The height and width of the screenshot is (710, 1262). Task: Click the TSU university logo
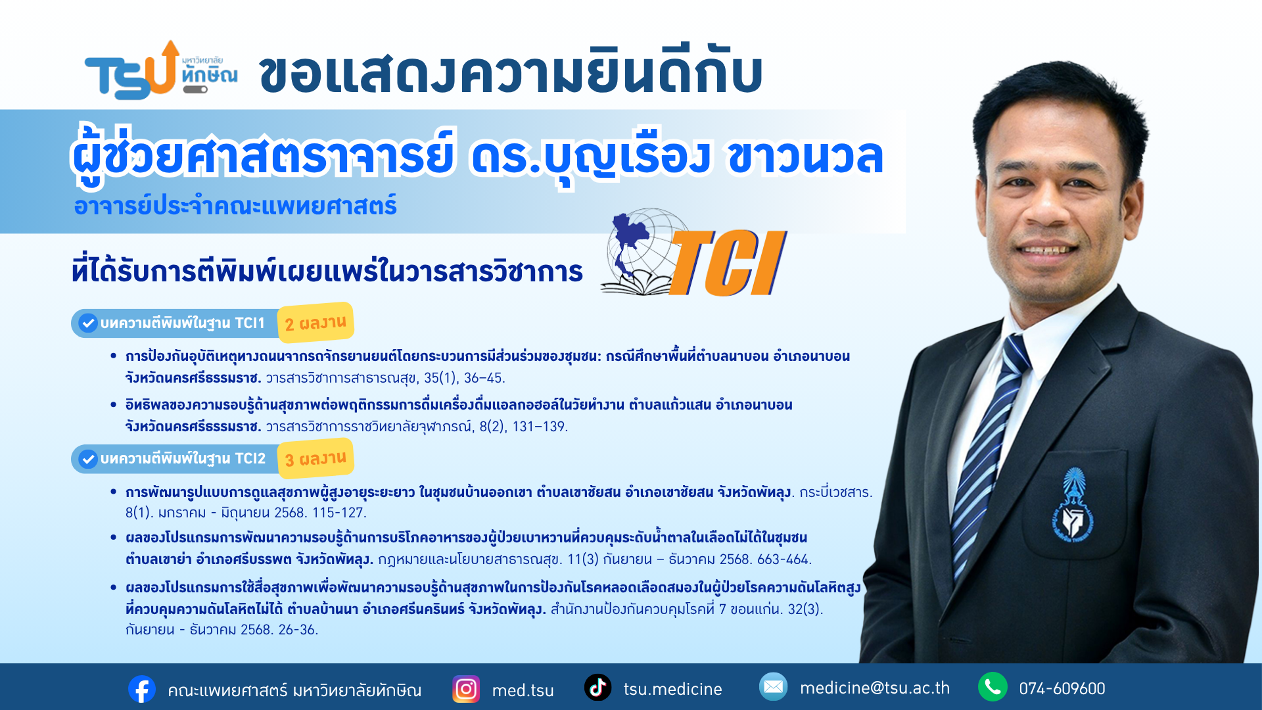pos(161,70)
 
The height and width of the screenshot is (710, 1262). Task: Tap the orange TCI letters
pos(728,263)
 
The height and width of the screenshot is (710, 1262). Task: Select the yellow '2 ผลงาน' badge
pos(315,323)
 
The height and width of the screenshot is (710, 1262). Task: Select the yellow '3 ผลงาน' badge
pos(315,458)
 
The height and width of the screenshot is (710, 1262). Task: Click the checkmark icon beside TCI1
pos(88,323)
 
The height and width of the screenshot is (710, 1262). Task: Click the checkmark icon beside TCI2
pos(88,459)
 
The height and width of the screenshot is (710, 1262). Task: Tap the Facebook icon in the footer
pos(142,689)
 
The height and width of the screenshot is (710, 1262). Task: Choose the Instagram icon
pos(466,689)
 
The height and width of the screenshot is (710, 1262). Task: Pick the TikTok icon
pos(597,688)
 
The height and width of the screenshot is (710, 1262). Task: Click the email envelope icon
pos(773,687)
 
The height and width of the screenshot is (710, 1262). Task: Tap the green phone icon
pos(993,687)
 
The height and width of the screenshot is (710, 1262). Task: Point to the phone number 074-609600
pos(1062,689)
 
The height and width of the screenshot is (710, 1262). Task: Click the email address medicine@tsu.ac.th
pos(875,688)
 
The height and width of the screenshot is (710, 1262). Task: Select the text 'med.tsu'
pos(523,690)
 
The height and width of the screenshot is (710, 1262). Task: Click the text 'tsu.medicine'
pos(673,689)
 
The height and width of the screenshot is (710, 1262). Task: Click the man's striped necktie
pos(993,454)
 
